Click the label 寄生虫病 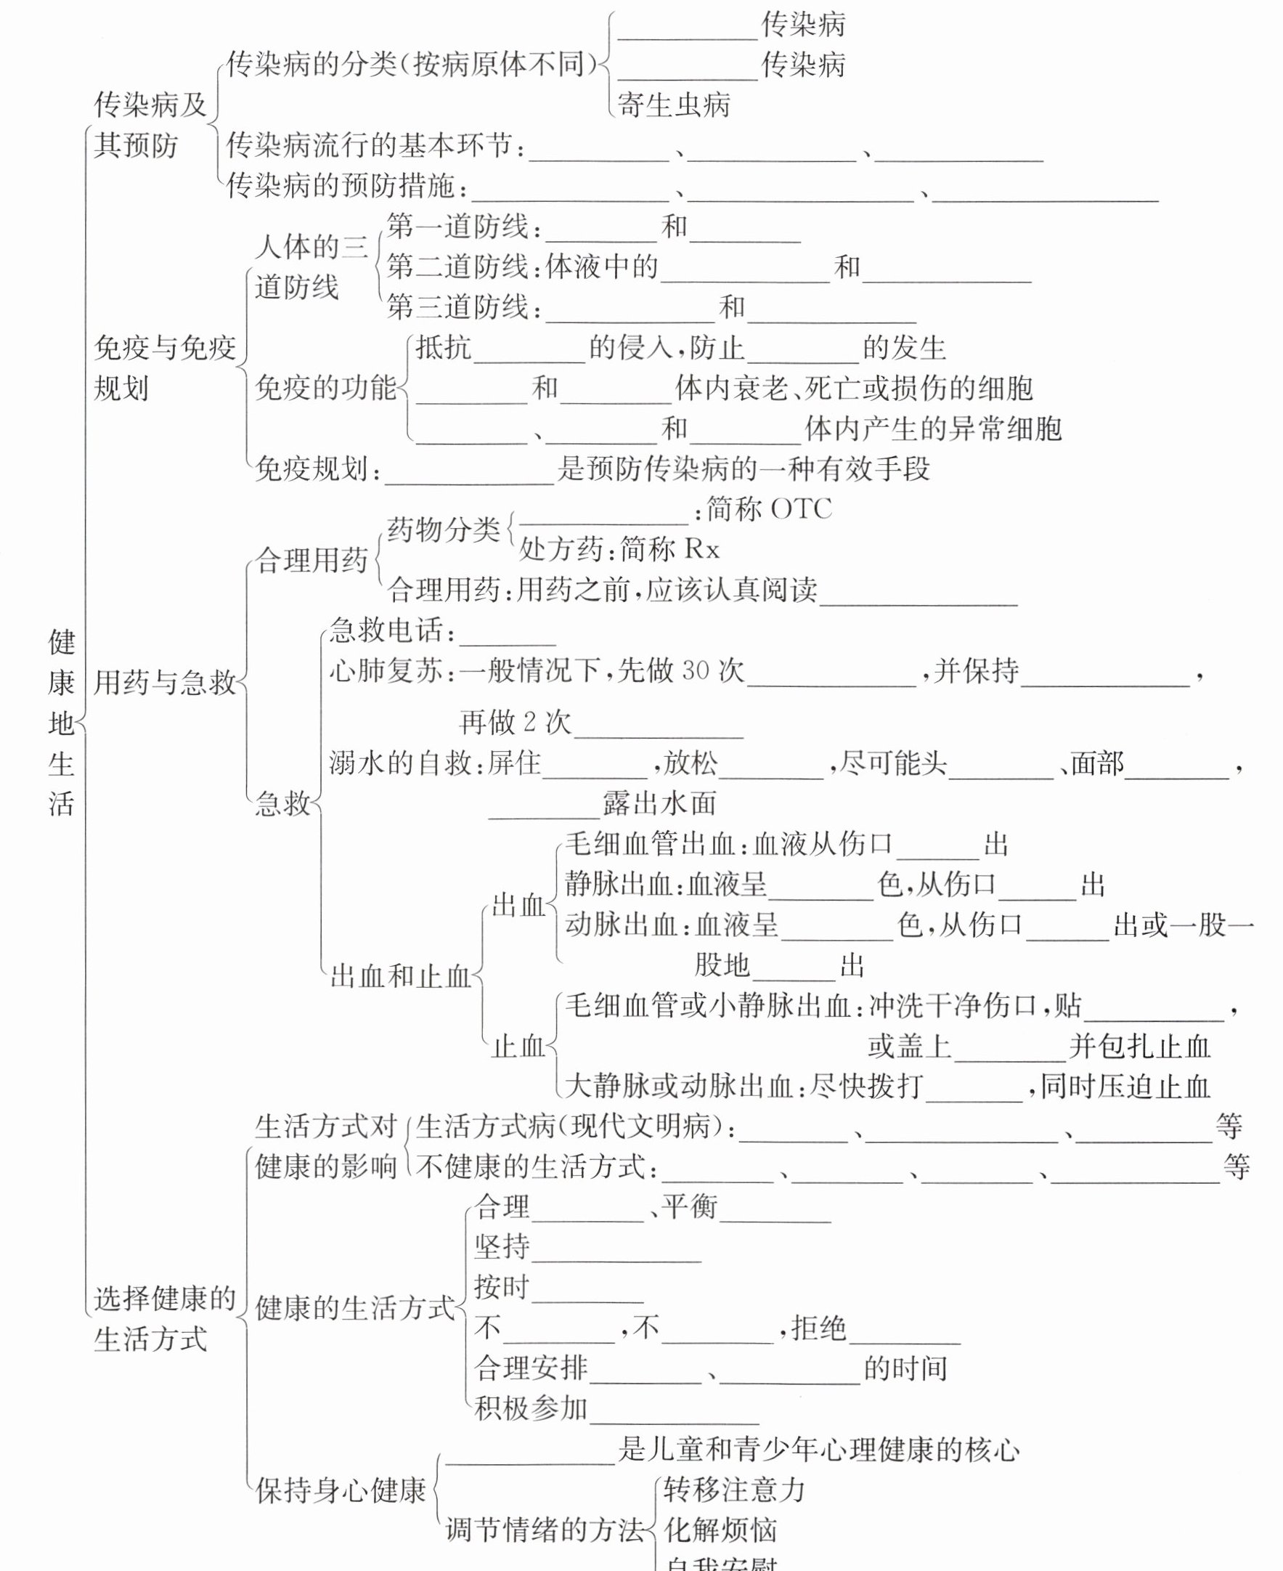[673, 105]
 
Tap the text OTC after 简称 [800, 508]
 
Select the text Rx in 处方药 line [701, 549]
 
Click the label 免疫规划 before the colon [312, 468]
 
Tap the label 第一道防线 [458, 226]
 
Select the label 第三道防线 [458, 307]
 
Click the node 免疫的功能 [326, 387]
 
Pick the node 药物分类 [444, 529]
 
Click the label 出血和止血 [400, 977]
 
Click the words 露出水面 [659, 803]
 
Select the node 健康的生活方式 [355, 1308]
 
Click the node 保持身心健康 [341, 1490]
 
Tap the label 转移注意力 [733, 1490]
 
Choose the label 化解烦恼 [720, 1530]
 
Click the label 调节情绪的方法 [545, 1530]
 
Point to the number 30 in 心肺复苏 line [696, 670]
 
